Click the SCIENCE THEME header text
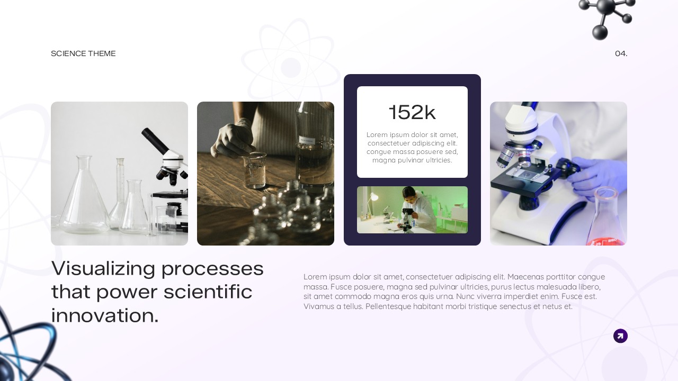83,53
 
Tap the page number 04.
621,53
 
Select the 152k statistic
412,112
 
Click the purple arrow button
620,336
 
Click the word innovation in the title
104,315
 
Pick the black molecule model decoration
605,16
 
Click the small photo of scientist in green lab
412,210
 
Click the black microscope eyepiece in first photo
155,141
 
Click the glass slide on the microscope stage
526,175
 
